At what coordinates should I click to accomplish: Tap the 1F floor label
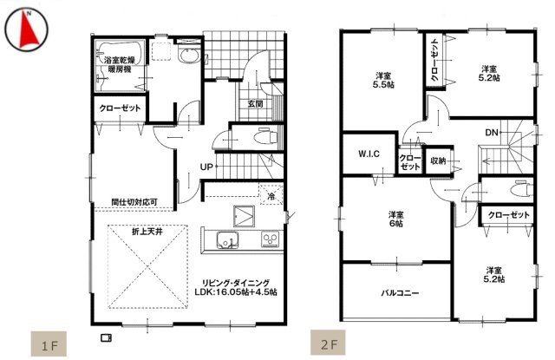click(48, 344)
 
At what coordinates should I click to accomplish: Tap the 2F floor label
click(329, 344)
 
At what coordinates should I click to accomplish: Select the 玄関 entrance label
click(255, 105)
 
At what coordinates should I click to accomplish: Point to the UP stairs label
click(207, 167)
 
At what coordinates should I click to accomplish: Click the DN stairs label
click(491, 133)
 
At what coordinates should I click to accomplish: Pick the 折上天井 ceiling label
click(146, 232)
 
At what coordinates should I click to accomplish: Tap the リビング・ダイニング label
click(237, 283)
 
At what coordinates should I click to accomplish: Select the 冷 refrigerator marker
click(271, 197)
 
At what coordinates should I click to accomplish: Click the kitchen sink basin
click(221, 240)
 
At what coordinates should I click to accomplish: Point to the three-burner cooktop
click(269, 239)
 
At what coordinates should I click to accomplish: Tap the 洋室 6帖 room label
click(395, 219)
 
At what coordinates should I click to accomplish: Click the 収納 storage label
click(438, 160)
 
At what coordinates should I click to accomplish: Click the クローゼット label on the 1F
click(120, 110)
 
